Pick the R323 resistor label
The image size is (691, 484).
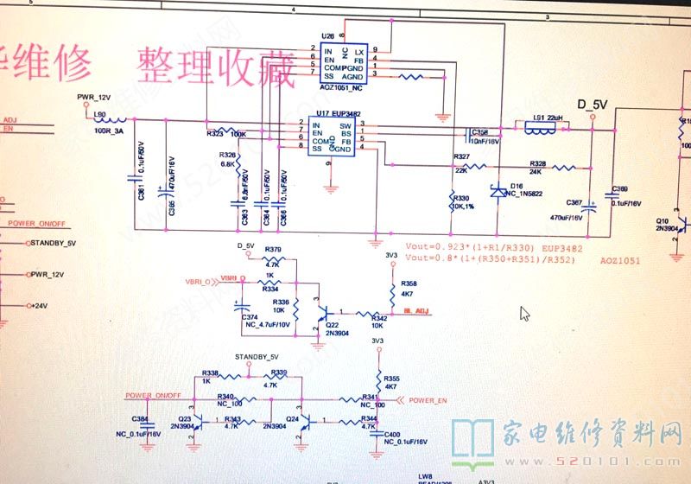pos(216,134)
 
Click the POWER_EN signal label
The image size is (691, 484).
pos(428,400)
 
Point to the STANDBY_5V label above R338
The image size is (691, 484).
pos(257,357)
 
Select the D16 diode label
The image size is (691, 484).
pos(516,186)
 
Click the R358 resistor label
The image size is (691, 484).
pos(409,283)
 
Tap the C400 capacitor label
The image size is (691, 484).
pos(392,433)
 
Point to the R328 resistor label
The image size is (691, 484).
pos(537,162)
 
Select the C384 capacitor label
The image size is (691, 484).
pos(139,418)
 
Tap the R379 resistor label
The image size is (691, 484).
pos(274,250)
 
